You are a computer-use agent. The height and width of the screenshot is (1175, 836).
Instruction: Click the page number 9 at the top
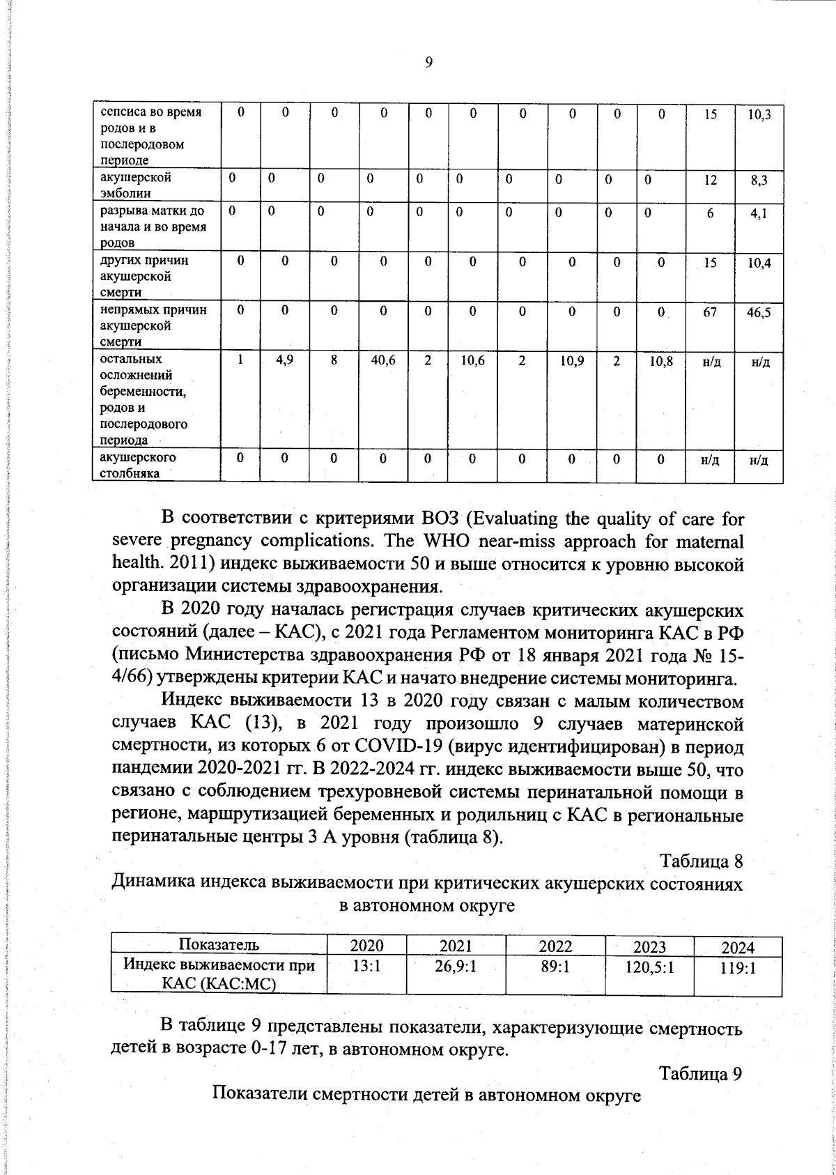(428, 63)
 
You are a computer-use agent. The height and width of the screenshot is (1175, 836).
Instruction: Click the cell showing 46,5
(759, 314)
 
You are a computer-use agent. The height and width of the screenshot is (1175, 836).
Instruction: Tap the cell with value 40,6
(383, 362)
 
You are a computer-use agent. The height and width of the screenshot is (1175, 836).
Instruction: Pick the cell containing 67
(709, 313)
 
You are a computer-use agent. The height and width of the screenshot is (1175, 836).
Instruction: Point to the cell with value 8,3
(759, 181)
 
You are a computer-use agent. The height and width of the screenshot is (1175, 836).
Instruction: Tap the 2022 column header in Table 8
(555, 946)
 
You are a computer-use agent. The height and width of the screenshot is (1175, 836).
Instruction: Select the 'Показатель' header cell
(219, 945)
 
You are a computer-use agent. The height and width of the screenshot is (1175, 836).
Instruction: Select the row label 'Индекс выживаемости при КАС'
(219, 974)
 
